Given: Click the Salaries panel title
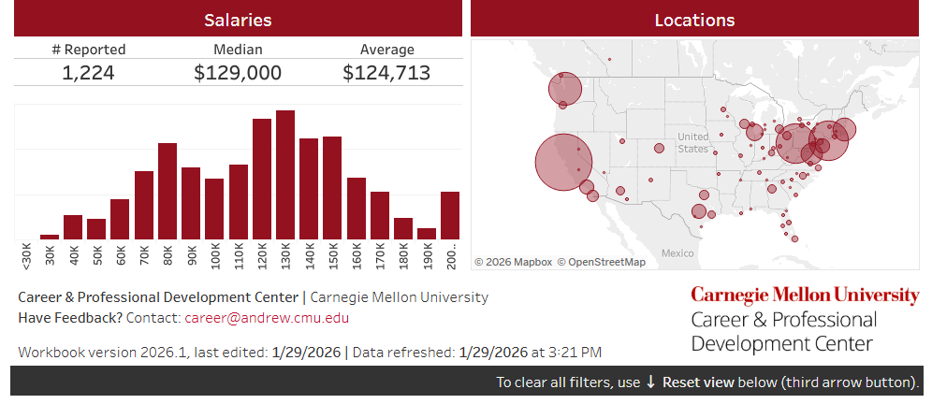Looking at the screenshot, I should click(x=238, y=20).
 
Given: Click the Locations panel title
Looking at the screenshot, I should click(x=694, y=20).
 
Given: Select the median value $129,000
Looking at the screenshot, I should click(x=238, y=73).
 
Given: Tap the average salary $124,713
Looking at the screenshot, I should click(x=386, y=73).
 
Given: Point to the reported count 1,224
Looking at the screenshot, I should click(x=89, y=73).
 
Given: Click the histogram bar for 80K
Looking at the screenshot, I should click(x=167, y=191).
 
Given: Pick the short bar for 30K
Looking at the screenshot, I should click(x=50, y=237).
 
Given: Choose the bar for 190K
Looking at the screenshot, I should click(x=427, y=234).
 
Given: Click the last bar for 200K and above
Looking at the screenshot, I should click(x=450, y=215).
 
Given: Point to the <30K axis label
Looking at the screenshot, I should click(x=26, y=254).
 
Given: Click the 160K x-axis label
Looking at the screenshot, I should click(x=357, y=254).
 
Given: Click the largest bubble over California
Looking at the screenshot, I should click(x=563, y=162).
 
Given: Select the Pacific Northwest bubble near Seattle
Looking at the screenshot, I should click(x=565, y=90).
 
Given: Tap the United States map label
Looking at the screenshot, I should click(x=693, y=143).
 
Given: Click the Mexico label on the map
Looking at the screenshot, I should click(x=677, y=253).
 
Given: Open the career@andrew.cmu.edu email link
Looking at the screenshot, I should click(x=267, y=318).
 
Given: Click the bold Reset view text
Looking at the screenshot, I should click(x=697, y=382).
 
